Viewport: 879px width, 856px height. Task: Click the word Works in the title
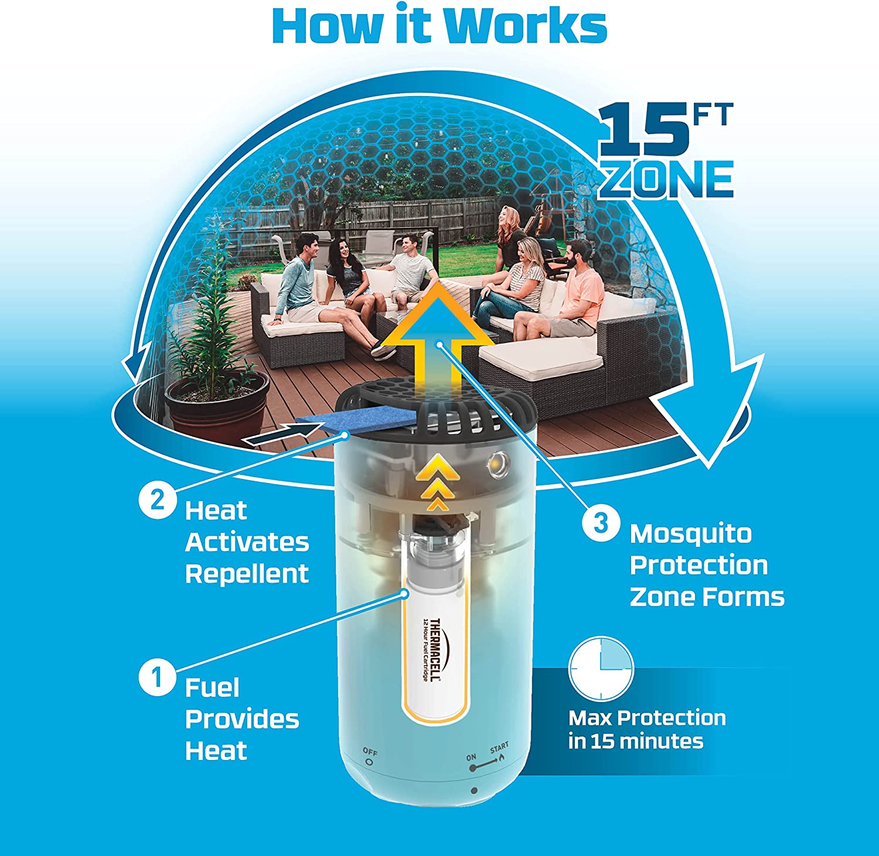(x=524, y=25)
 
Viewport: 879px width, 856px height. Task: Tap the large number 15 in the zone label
(x=643, y=132)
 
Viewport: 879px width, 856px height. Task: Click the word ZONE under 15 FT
(x=666, y=180)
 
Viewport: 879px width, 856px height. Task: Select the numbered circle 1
(x=156, y=679)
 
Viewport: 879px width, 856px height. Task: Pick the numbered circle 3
(x=601, y=522)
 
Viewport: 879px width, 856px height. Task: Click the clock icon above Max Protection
(x=601, y=668)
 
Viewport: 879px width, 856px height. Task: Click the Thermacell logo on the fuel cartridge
(x=435, y=650)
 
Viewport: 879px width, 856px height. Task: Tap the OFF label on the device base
(x=370, y=752)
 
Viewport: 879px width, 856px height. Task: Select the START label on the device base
(x=499, y=748)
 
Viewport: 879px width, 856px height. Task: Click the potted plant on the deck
(x=211, y=363)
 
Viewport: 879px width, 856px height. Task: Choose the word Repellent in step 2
(x=247, y=574)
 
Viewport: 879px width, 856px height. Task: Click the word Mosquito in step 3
(x=690, y=535)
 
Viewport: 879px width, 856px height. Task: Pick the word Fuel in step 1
(x=212, y=689)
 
